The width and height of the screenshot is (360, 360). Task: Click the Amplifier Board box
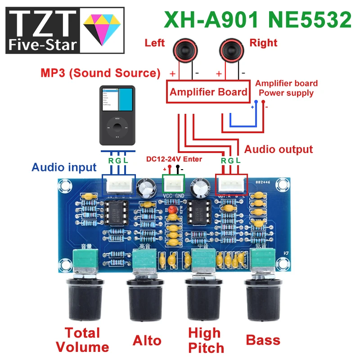tap(208, 92)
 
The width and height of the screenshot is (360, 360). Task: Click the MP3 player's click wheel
tap(117, 128)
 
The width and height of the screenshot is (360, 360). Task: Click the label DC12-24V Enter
tap(174, 159)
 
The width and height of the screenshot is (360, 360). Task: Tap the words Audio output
tap(278, 149)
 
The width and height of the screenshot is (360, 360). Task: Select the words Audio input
tap(64, 167)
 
